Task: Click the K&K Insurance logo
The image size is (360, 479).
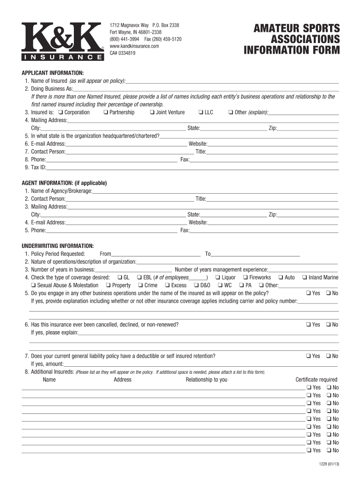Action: [63, 41]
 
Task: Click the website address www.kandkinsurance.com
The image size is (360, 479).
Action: [135, 46]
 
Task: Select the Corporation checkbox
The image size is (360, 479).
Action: [61, 112]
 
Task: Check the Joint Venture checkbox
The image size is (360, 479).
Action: [152, 112]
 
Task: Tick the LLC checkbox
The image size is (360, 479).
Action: [201, 112]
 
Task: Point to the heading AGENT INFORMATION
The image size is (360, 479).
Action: [65, 183]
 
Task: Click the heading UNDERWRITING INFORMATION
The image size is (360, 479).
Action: [58, 246]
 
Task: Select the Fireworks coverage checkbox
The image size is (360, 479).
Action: [245, 277]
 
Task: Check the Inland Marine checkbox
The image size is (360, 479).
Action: [304, 277]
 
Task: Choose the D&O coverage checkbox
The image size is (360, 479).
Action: [196, 285]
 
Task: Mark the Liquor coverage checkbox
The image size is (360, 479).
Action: [217, 277]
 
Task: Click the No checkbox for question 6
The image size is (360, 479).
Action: [329, 325]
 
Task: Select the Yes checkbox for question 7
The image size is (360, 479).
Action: [309, 356]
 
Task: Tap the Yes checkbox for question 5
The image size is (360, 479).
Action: [309, 293]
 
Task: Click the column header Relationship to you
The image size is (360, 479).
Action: [206, 379]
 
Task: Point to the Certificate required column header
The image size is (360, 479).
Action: [316, 379]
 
